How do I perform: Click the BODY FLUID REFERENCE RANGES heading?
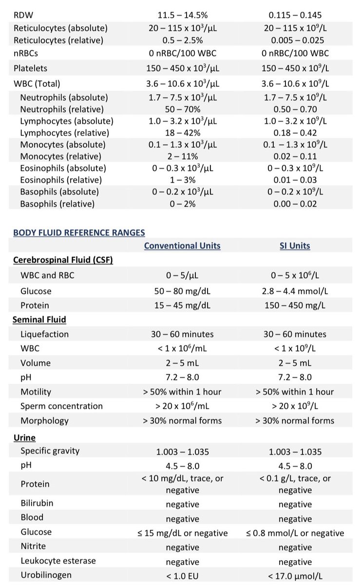(79, 233)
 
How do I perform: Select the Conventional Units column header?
(182, 246)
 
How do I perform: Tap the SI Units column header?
(295, 246)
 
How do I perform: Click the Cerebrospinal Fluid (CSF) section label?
(63, 260)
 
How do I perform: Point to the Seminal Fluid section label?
(39, 319)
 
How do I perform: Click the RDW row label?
(23, 15)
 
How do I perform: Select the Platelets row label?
(31, 68)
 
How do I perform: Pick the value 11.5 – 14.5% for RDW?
(183, 15)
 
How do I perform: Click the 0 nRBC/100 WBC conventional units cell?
(183, 53)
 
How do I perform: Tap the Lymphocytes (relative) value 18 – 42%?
(183, 133)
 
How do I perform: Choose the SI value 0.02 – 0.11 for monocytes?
(295, 156)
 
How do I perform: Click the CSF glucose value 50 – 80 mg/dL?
(182, 291)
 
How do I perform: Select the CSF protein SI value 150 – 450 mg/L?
(295, 305)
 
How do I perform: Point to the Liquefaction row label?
(45, 334)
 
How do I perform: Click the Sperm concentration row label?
(61, 406)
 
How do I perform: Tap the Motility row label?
(36, 392)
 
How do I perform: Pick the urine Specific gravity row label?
(50, 451)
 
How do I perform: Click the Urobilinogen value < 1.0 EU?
(182, 576)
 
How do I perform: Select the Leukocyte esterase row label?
(58, 561)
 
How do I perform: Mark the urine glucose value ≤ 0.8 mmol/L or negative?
(295, 533)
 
